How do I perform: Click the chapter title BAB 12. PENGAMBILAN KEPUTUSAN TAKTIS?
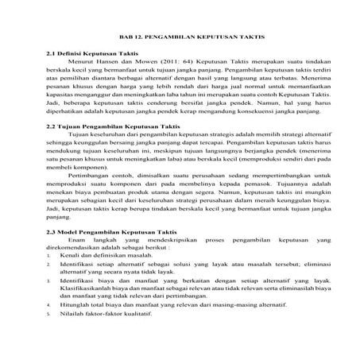coord(180,37)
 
